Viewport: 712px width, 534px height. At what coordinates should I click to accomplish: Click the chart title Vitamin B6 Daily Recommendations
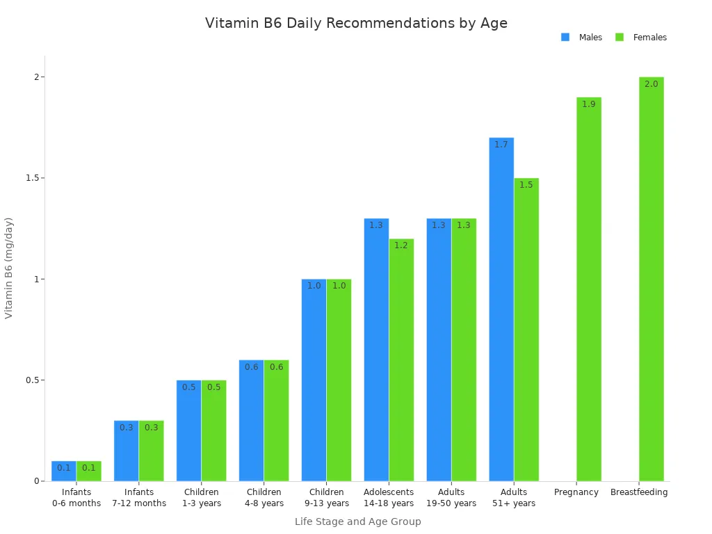[356, 23]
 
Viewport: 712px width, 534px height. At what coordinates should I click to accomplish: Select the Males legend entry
[590, 38]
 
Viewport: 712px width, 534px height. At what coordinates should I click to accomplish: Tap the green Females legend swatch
[620, 38]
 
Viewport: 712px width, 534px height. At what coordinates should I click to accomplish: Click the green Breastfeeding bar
[651, 279]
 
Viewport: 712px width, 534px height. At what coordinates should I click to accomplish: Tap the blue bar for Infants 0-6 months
[64, 471]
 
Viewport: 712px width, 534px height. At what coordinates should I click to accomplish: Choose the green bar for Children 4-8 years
[276, 420]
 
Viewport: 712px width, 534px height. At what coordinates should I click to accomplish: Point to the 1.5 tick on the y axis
[31, 178]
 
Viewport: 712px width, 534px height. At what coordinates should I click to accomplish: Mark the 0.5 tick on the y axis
[31, 380]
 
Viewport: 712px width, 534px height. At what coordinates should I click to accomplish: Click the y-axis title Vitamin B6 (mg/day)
[9, 268]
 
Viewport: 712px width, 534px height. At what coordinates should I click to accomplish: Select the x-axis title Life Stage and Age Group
[357, 521]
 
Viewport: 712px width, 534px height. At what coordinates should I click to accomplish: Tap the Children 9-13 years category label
[326, 498]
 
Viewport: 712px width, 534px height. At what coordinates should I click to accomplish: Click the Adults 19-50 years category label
[451, 498]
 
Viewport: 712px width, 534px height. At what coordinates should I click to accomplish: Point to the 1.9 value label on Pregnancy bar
[588, 104]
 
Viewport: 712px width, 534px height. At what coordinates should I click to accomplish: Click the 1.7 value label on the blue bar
[501, 145]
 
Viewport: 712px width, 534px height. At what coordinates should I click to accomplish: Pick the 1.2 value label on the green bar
[401, 245]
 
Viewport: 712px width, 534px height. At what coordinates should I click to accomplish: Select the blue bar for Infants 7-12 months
[127, 451]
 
